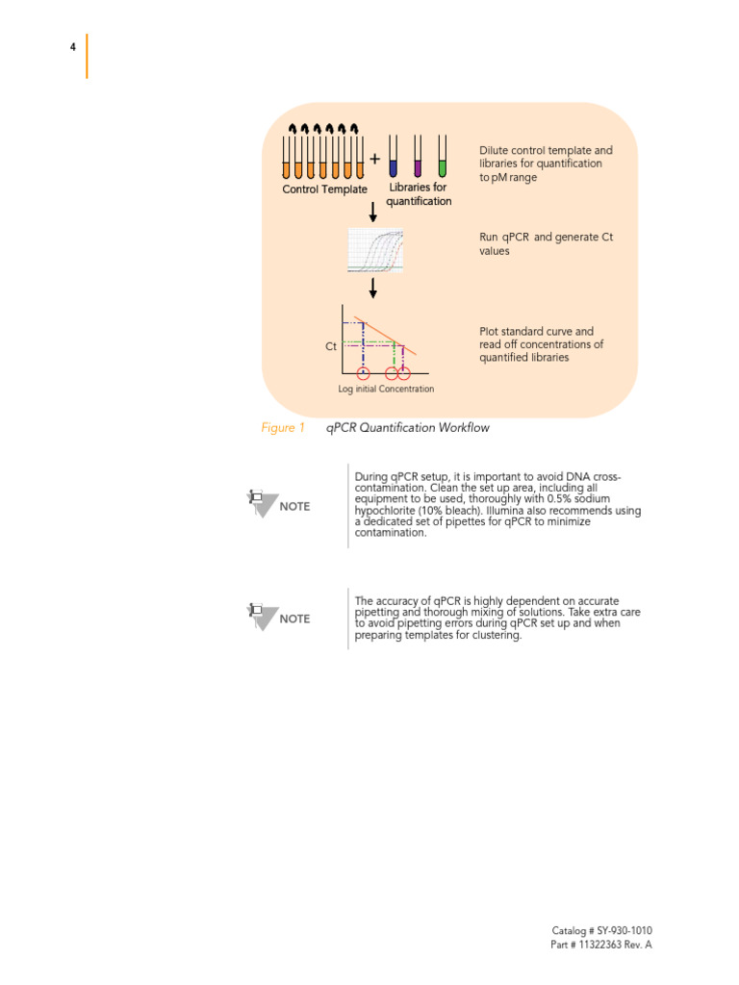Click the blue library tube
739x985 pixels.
point(393,156)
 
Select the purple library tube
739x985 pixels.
point(418,156)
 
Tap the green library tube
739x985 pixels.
point(442,156)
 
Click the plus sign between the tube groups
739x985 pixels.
point(374,159)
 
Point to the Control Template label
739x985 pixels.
point(324,189)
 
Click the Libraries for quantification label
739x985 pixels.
point(419,194)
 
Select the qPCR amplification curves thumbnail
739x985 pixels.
point(375,250)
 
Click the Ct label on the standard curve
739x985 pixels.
point(331,346)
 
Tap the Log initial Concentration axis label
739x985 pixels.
point(386,389)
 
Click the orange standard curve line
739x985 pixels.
point(385,336)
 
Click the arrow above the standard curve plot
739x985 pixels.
point(372,288)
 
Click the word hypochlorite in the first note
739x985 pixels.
point(388,511)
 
